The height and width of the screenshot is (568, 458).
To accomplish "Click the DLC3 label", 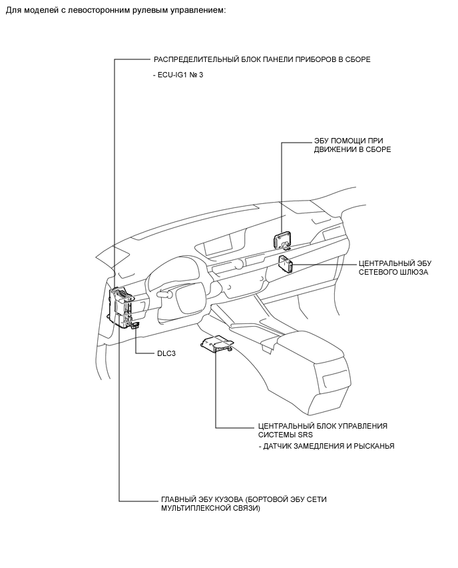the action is [x=166, y=353].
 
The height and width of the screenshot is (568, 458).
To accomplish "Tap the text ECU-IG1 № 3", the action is [x=178, y=75].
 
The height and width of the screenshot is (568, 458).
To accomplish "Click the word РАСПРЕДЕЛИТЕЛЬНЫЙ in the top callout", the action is [x=196, y=59].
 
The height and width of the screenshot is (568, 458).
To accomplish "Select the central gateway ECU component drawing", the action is [x=286, y=264].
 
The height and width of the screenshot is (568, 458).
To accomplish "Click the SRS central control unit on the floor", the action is [x=217, y=344].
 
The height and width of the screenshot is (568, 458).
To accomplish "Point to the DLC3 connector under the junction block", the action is [x=136, y=325].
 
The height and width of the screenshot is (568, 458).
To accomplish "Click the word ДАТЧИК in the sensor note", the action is [x=277, y=446].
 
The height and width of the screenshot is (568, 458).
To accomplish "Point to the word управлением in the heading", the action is [x=204, y=11].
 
